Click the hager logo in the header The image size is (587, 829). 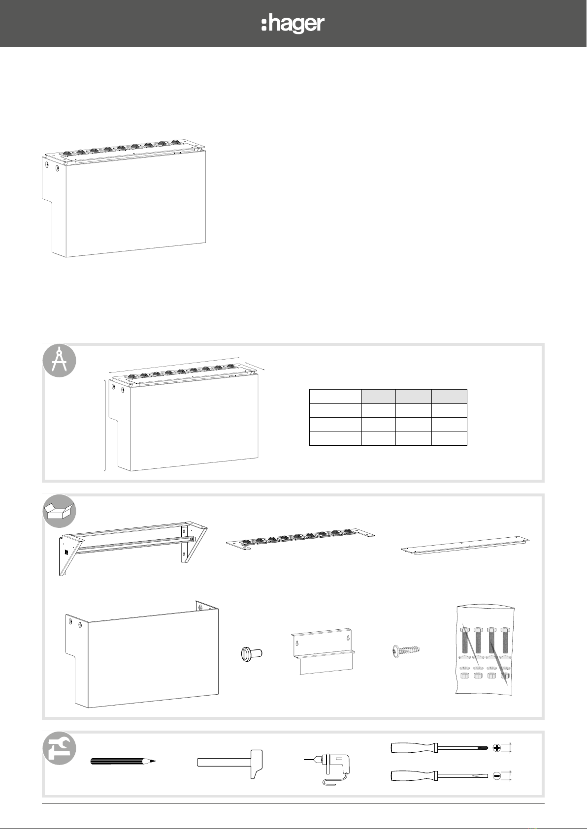tap(293, 25)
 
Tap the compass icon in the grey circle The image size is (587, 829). tap(59, 360)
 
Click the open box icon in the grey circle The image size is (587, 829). tap(59, 511)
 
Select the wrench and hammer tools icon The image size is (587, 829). tap(59, 748)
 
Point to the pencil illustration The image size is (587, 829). tap(123, 761)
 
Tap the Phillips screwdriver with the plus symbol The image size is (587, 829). tap(440, 748)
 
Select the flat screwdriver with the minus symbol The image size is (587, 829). tap(440, 775)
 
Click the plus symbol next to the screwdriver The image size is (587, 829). tap(496, 748)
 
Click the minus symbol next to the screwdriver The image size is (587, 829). tap(496, 775)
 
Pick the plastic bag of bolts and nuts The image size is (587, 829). tap(485, 650)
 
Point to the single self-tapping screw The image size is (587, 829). tap(405, 650)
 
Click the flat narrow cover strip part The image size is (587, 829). tap(465, 546)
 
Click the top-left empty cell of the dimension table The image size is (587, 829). tap(335, 397)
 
